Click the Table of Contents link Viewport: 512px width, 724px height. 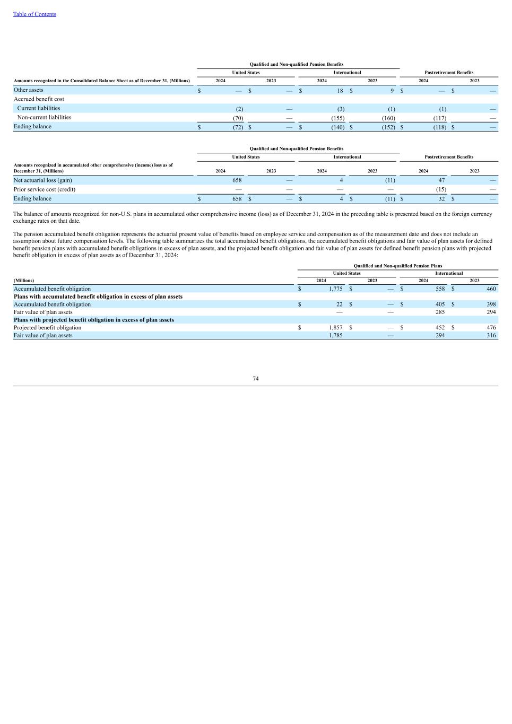[x=34, y=14]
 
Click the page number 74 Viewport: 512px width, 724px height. [x=256, y=379]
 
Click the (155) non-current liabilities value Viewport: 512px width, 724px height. [x=337, y=118]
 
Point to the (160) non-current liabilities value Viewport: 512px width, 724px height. [x=388, y=118]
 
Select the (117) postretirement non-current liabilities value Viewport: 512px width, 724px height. [x=439, y=118]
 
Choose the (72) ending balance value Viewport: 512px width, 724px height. [x=238, y=127]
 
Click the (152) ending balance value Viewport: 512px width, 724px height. [x=388, y=127]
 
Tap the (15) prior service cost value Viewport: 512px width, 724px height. [x=440, y=189]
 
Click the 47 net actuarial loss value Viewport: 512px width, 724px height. [x=441, y=180]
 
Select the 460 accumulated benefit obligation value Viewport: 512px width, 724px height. [x=491, y=289]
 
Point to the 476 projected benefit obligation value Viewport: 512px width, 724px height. [x=491, y=328]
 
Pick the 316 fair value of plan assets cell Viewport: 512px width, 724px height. [x=491, y=335]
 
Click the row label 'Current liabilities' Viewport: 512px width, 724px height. [x=39, y=108]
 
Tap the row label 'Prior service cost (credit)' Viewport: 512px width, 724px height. [x=45, y=189]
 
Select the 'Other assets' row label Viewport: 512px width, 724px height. [x=29, y=90]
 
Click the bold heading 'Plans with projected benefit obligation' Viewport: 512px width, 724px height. [x=94, y=320]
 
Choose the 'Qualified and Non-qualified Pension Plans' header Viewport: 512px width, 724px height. [x=397, y=266]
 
